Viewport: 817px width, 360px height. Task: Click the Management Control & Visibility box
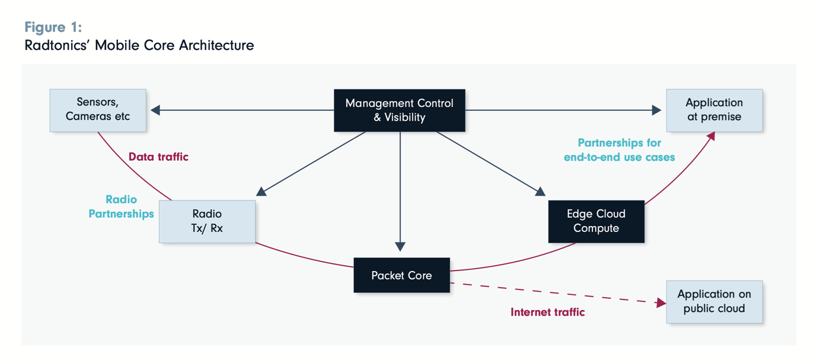(x=399, y=110)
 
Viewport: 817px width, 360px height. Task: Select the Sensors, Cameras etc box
(x=98, y=110)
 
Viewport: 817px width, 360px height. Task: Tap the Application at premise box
(x=714, y=110)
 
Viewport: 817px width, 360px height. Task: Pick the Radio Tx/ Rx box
(x=207, y=221)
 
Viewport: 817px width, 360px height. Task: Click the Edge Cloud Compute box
(x=596, y=221)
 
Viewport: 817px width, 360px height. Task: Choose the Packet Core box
(x=401, y=275)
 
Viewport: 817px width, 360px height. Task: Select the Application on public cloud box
(x=714, y=301)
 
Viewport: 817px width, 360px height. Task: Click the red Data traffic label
(x=158, y=157)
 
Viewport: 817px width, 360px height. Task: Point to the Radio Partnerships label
(x=122, y=206)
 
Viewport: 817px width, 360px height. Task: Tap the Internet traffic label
(x=547, y=312)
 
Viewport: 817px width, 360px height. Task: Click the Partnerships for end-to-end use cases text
(x=620, y=150)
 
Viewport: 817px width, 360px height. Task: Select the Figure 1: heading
(x=53, y=27)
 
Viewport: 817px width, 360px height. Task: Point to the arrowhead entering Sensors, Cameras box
(x=155, y=110)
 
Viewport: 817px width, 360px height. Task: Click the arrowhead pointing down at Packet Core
(x=400, y=247)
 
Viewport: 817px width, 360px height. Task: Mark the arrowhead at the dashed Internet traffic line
(x=661, y=303)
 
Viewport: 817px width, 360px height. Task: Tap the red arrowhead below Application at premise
(x=711, y=136)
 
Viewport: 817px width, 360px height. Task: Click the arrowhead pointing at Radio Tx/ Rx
(x=261, y=191)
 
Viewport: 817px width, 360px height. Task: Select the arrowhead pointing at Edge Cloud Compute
(x=540, y=192)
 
